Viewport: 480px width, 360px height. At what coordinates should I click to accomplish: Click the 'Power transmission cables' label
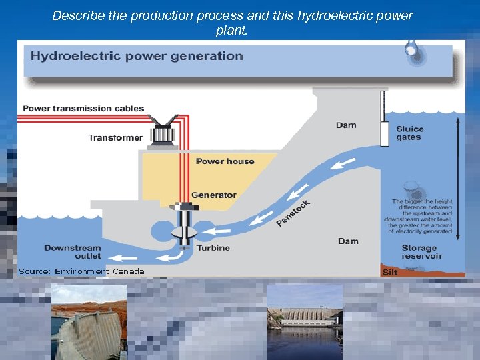coord(83,109)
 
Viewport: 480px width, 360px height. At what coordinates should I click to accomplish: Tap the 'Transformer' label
coord(115,138)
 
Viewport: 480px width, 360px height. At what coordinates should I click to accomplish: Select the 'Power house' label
coord(225,161)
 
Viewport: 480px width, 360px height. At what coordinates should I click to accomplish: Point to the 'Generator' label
coord(213,195)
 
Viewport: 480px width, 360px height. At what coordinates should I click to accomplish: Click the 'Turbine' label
coord(213,248)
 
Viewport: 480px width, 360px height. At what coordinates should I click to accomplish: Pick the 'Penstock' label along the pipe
coord(293,213)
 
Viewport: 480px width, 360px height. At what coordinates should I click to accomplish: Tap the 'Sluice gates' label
coord(409,133)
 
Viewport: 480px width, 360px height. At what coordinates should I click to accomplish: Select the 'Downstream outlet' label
coord(73,252)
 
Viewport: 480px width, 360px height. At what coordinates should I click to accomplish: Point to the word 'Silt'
coord(390,272)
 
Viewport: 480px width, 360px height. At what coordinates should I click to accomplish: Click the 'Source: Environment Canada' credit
coord(81,271)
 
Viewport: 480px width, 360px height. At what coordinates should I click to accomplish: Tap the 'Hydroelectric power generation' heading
coord(137,56)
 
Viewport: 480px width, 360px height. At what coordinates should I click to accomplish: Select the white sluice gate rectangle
coord(385,133)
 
